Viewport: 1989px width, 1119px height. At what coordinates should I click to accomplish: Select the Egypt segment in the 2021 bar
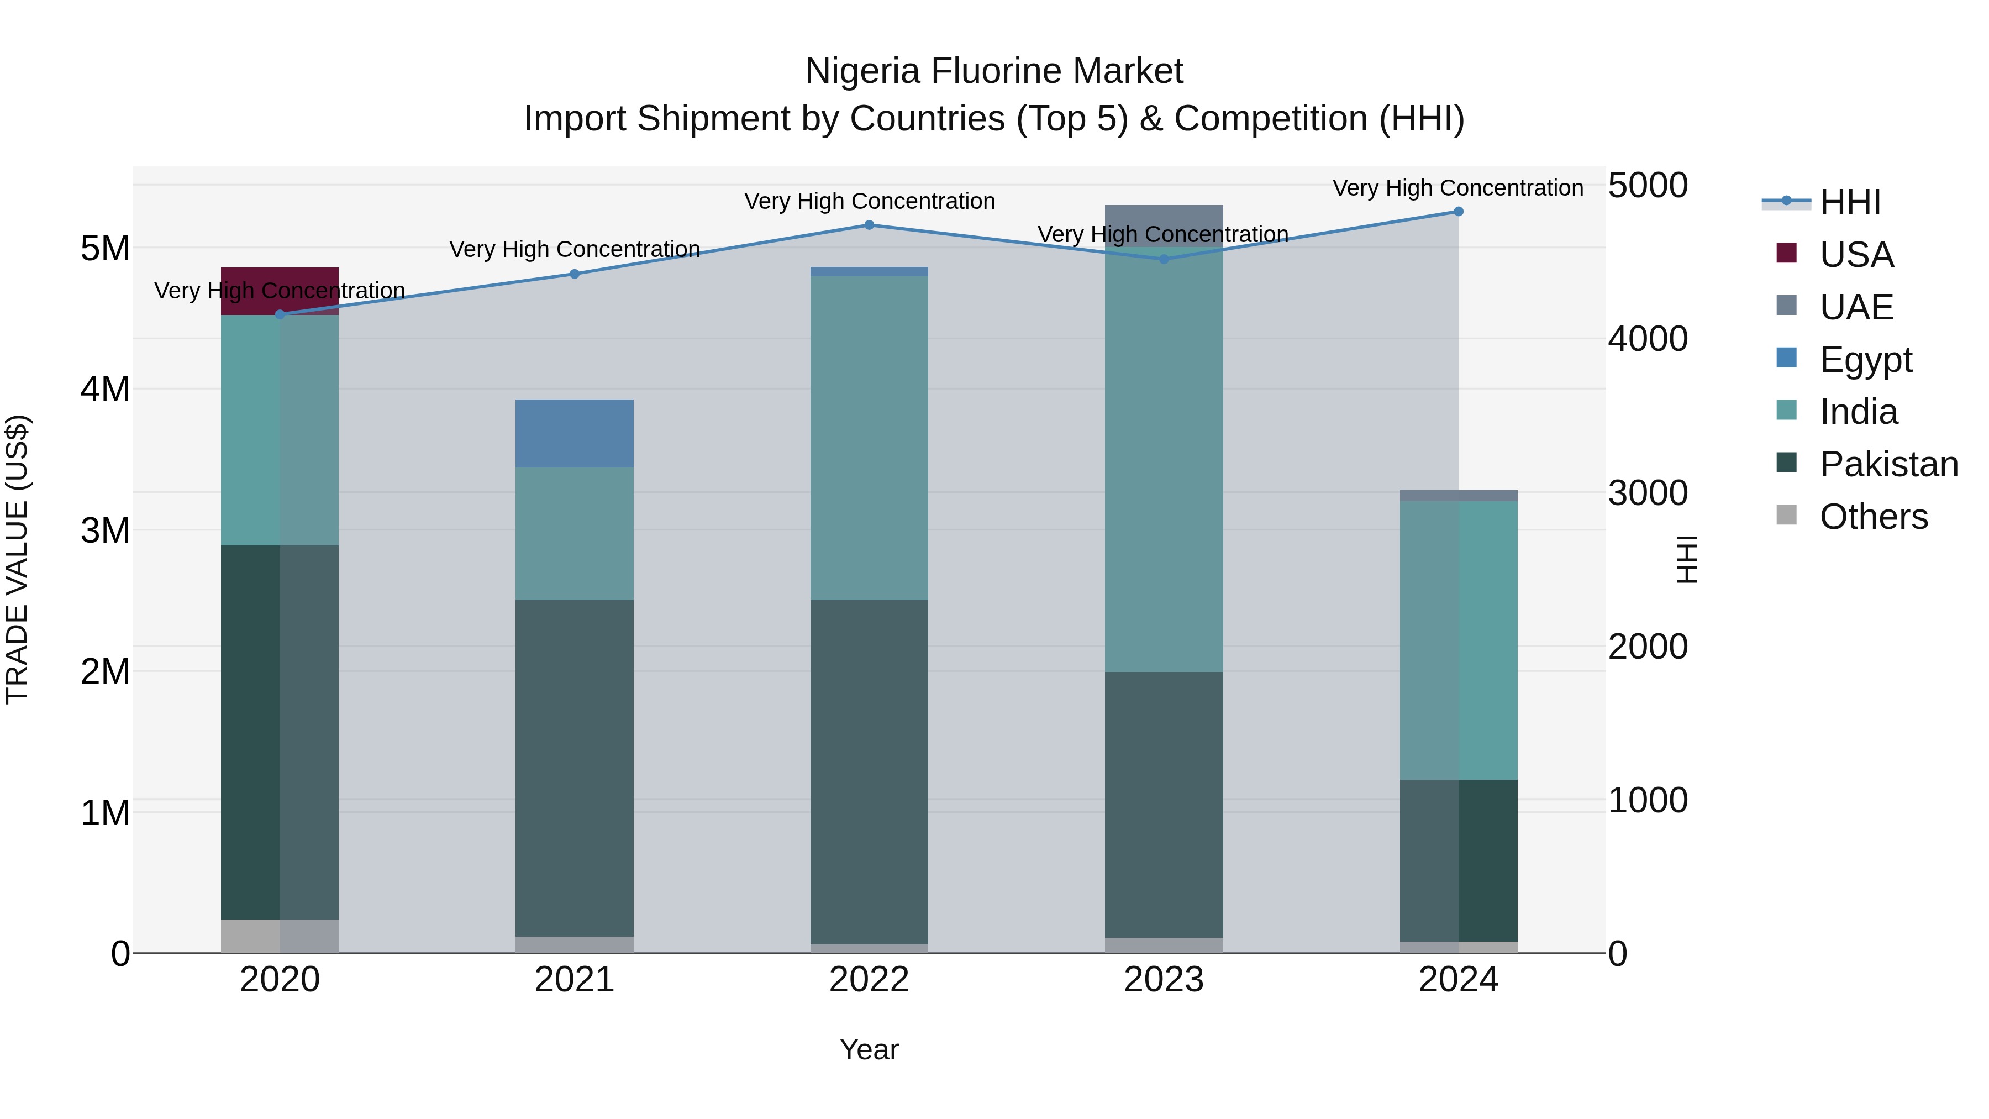pyautogui.click(x=575, y=433)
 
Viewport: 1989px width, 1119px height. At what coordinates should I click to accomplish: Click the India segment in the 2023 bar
pyautogui.click(x=1164, y=464)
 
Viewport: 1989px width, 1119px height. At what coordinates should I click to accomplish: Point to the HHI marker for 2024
pyautogui.click(x=1458, y=212)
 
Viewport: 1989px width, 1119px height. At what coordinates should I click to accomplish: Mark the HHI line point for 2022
pyautogui.click(x=869, y=225)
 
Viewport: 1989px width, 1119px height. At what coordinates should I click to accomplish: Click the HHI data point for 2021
pyautogui.click(x=575, y=274)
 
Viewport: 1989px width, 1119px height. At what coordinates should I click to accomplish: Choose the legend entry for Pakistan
pyautogui.click(x=1888, y=464)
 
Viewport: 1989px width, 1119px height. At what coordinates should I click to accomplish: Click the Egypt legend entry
pyautogui.click(x=1865, y=360)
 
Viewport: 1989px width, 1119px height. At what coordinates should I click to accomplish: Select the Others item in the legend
pyautogui.click(x=1872, y=517)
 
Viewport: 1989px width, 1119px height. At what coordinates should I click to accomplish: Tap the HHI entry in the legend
pyautogui.click(x=1849, y=202)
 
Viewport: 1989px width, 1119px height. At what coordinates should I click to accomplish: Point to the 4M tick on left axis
pyautogui.click(x=105, y=389)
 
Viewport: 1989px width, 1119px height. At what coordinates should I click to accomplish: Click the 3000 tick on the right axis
pyautogui.click(x=1648, y=493)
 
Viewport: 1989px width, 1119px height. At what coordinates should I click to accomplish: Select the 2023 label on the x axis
pyautogui.click(x=1164, y=980)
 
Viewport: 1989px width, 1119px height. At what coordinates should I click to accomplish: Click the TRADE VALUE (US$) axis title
pyautogui.click(x=17, y=559)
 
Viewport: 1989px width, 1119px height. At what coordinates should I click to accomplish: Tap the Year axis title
pyautogui.click(x=869, y=1049)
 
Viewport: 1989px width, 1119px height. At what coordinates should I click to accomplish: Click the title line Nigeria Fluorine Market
pyautogui.click(x=994, y=71)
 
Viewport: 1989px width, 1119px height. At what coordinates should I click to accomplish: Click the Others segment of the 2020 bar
pyautogui.click(x=280, y=936)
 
